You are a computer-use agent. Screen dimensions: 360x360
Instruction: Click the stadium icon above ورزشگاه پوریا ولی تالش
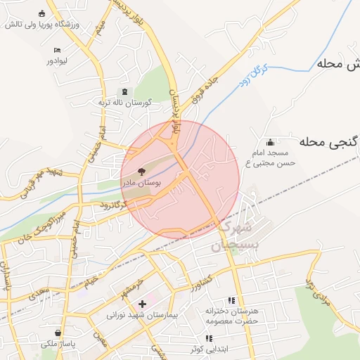[x=42, y=13]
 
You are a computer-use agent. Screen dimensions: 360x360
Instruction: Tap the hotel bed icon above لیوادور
[x=57, y=50]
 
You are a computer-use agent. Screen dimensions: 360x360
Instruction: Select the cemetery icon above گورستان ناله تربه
[x=125, y=92]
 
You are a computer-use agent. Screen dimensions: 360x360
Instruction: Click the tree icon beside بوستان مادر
[x=141, y=171]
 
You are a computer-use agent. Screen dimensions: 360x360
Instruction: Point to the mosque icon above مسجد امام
[x=271, y=141]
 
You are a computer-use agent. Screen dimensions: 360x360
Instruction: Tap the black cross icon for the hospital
[x=143, y=304]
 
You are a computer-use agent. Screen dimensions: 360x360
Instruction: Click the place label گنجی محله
[x=328, y=142]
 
